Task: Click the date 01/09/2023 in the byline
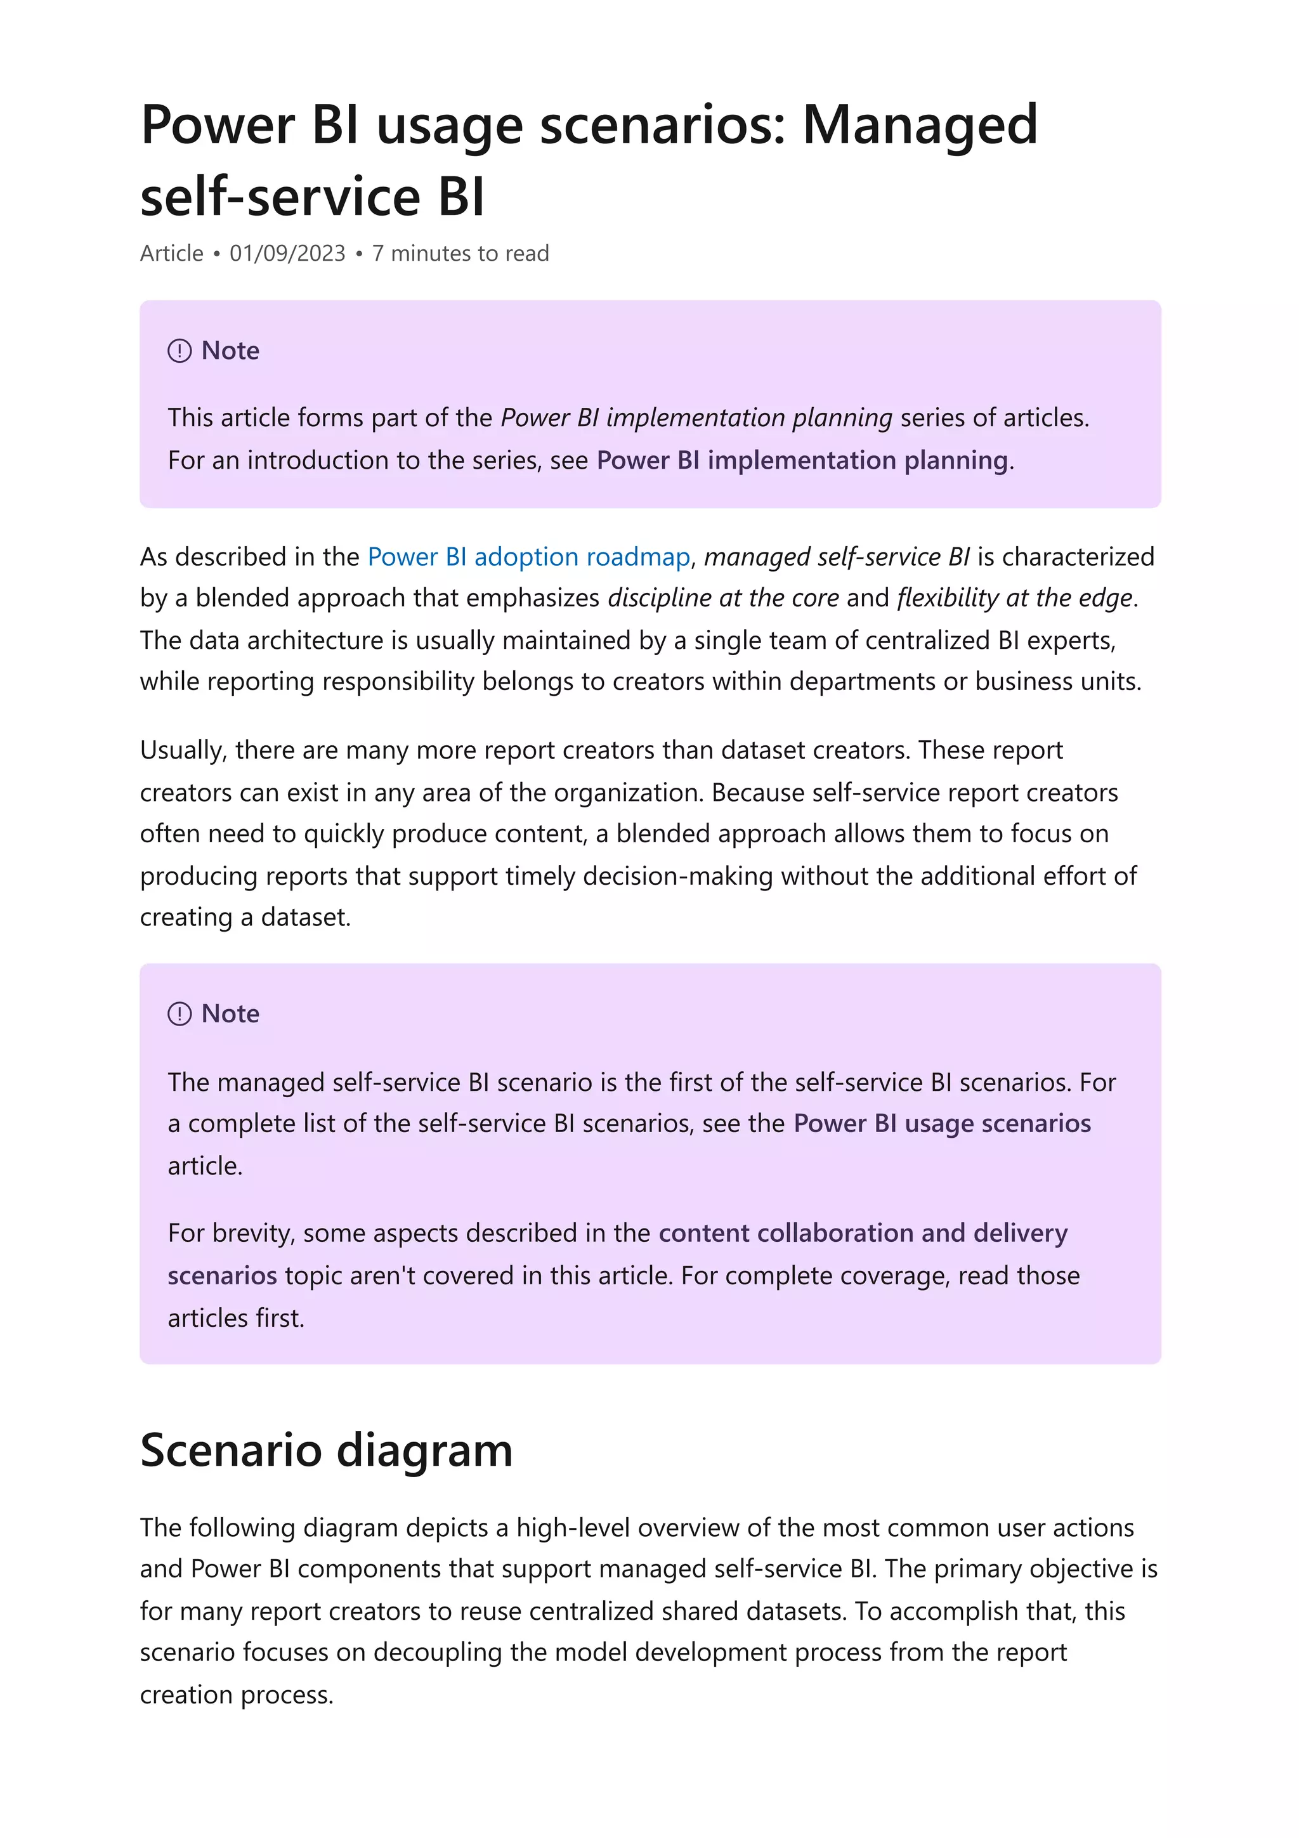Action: pyautogui.click(x=287, y=254)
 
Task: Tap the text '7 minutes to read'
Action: pyautogui.click(x=460, y=254)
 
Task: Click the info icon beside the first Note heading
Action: pyautogui.click(x=180, y=351)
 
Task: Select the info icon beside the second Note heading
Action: pyautogui.click(x=180, y=1014)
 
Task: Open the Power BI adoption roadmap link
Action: pyautogui.click(x=528, y=556)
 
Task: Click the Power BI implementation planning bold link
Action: pyautogui.click(x=802, y=460)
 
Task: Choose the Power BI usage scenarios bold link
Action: pyautogui.click(x=942, y=1123)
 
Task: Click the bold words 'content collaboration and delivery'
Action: pyautogui.click(x=863, y=1233)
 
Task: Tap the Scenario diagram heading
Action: pyautogui.click(x=326, y=1450)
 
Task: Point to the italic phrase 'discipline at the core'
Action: pyautogui.click(x=722, y=598)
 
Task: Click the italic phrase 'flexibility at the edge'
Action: pyautogui.click(x=1015, y=598)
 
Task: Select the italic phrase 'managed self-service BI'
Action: pyautogui.click(x=837, y=556)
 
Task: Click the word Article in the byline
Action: pyautogui.click(x=171, y=254)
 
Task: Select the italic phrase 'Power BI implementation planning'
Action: pyautogui.click(x=696, y=418)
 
